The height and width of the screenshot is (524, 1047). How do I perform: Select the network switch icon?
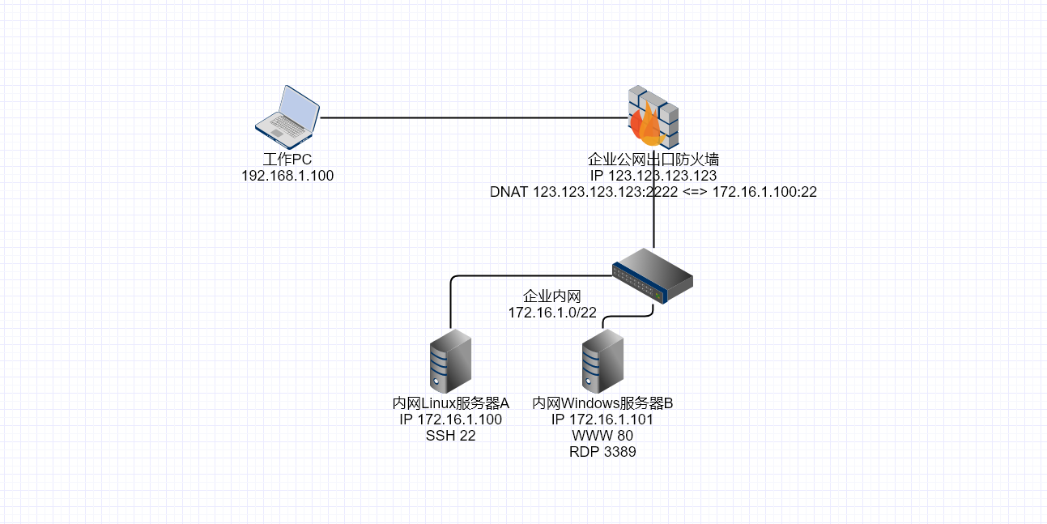click(x=653, y=276)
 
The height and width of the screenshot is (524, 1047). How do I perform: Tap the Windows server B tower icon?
click(x=602, y=360)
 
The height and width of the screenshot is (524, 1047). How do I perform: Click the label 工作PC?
click(x=287, y=159)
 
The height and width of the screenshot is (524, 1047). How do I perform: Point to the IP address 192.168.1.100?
click(x=287, y=176)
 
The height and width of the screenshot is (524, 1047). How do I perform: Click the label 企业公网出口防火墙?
click(x=653, y=159)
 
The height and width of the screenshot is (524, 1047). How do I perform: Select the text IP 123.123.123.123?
click(x=653, y=176)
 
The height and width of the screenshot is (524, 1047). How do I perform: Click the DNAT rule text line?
click(x=653, y=193)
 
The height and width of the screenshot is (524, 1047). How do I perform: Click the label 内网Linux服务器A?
click(x=450, y=403)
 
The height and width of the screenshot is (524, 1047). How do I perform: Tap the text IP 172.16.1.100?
click(x=450, y=420)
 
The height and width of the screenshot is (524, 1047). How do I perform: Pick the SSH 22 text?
click(x=450, y=436)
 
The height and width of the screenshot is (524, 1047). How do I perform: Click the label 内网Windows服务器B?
click(x=602, y=403)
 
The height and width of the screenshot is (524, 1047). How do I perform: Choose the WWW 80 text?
click(x=602, y=436)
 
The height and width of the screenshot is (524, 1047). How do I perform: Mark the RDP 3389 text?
click(x=602, y=453)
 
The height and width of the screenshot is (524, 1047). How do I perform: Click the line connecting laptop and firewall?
click(x=470, y=117)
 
